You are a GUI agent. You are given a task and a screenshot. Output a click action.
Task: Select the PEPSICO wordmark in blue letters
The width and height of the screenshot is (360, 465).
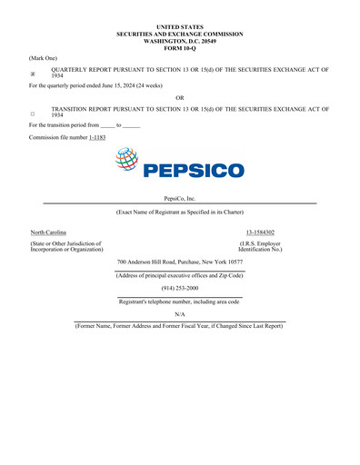pos(195,170)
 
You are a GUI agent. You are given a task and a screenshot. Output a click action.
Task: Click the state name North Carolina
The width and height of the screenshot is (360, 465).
pos(48,233)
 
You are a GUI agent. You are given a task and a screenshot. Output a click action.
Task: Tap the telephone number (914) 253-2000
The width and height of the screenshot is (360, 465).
pos(179,287)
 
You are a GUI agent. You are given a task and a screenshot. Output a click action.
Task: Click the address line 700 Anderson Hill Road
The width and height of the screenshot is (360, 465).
pos(179,262)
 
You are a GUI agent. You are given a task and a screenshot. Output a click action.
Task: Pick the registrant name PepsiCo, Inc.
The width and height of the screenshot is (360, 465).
pos(179,198)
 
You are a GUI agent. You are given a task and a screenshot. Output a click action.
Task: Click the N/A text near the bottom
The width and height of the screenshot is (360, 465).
pos(179,313)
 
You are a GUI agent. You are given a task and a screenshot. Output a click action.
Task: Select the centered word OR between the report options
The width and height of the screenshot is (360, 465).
pos(179,98)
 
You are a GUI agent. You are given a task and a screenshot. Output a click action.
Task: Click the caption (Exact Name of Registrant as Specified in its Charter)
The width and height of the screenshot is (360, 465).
pos(179,212)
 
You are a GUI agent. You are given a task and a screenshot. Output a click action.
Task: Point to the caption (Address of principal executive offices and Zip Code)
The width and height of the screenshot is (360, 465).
pos(179,275)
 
